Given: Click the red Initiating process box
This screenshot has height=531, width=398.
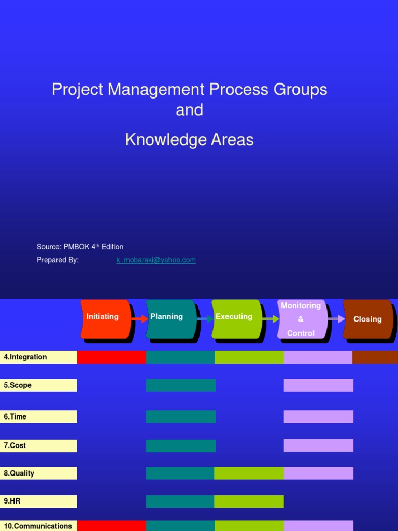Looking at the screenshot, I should (105, 318).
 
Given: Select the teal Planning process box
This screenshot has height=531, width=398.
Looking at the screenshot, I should (170, 318).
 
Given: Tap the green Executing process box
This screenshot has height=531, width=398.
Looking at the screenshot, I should (236, 318).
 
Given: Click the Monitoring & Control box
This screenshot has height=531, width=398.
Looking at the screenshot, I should (302, 319).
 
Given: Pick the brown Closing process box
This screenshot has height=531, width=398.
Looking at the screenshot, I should (367, 319).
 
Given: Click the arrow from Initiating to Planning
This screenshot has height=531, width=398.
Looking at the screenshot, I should (139, 319).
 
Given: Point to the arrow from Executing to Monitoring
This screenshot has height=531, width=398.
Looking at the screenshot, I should (271, 319).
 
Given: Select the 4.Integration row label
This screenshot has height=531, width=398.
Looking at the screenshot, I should (38, 357).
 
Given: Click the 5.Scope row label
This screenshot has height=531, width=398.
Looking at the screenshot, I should (38, 385).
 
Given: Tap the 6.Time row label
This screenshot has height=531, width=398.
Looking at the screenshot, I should (38, 416).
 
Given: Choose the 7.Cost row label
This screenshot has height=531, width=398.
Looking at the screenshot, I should (38, 445).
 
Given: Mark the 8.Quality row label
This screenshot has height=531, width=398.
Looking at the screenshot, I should (38, 473).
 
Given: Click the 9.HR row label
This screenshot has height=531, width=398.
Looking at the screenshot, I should (38, 501).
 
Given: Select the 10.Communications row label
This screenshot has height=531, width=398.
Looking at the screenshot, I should (38, 526).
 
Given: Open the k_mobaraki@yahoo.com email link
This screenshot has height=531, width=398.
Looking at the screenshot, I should (156, 260).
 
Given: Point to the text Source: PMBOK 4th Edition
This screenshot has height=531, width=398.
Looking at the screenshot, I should (80, 247).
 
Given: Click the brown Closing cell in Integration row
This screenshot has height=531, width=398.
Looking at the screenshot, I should (375, 357).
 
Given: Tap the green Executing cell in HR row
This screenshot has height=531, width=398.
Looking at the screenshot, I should (249, 501).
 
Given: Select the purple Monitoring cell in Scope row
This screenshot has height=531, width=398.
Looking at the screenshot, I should (318, 385).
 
